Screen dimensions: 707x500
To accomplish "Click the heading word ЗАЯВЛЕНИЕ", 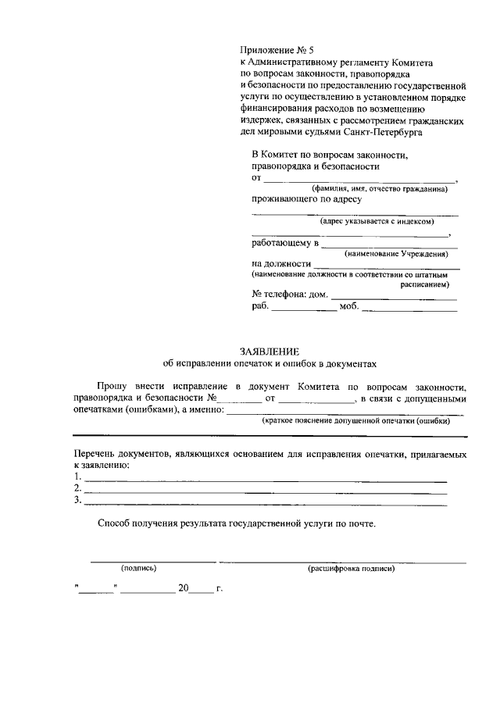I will click(270, 352).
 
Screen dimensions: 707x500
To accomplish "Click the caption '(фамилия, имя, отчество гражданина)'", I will click(379, 190).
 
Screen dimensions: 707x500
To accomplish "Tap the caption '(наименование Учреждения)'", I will click(401, 255).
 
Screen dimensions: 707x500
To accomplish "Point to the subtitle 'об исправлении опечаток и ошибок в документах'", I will click(270, 363).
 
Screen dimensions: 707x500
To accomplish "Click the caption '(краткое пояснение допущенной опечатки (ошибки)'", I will click(359, 420).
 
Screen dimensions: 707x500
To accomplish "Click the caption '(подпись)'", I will click(138, 568).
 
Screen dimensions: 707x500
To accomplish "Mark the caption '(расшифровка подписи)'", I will click(352, 568).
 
